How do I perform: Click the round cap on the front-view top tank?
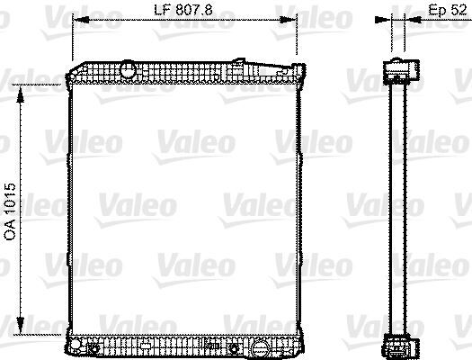click(127, 69)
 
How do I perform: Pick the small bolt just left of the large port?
click(239, 345)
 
